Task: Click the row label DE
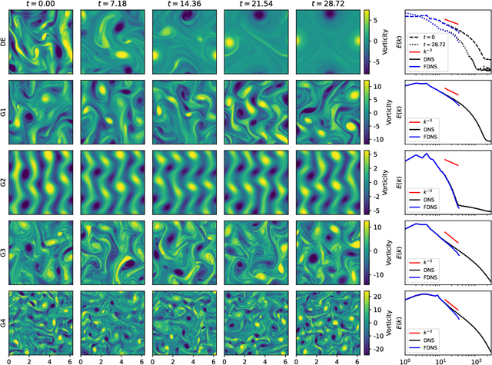[5, 43]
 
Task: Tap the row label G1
[5, 112]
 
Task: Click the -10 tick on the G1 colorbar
[376, 140]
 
